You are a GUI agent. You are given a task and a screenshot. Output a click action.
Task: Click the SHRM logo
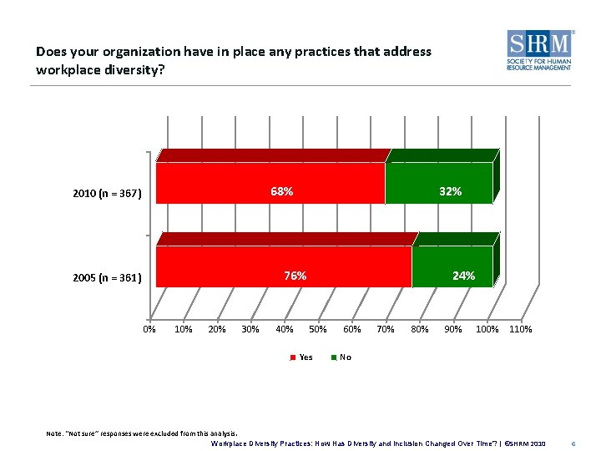(x=539, y=50)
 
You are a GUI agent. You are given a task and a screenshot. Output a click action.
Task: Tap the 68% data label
(x=281, y=191)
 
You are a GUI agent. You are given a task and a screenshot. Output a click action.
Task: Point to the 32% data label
(x=450, y=191)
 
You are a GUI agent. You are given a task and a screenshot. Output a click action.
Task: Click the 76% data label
(x=295, y=276)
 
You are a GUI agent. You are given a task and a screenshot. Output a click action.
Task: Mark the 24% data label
(x=463, y=276)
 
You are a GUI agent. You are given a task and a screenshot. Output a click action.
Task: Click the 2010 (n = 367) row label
(x=107, y=194)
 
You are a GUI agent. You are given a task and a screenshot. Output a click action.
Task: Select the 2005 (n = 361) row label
(x=107, y=277)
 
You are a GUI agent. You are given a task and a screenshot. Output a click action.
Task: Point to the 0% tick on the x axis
(x=149, y=329)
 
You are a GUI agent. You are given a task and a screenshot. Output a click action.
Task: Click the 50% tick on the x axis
(x=318, y=329)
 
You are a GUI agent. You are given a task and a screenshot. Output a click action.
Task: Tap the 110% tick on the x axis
(x=520, y=329)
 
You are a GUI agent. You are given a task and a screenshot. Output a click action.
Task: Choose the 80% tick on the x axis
(x=420, y=329)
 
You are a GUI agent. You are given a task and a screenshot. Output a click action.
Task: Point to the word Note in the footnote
(x=54, y=433)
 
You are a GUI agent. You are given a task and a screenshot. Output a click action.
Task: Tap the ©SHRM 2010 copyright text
(x=523, y=443)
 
